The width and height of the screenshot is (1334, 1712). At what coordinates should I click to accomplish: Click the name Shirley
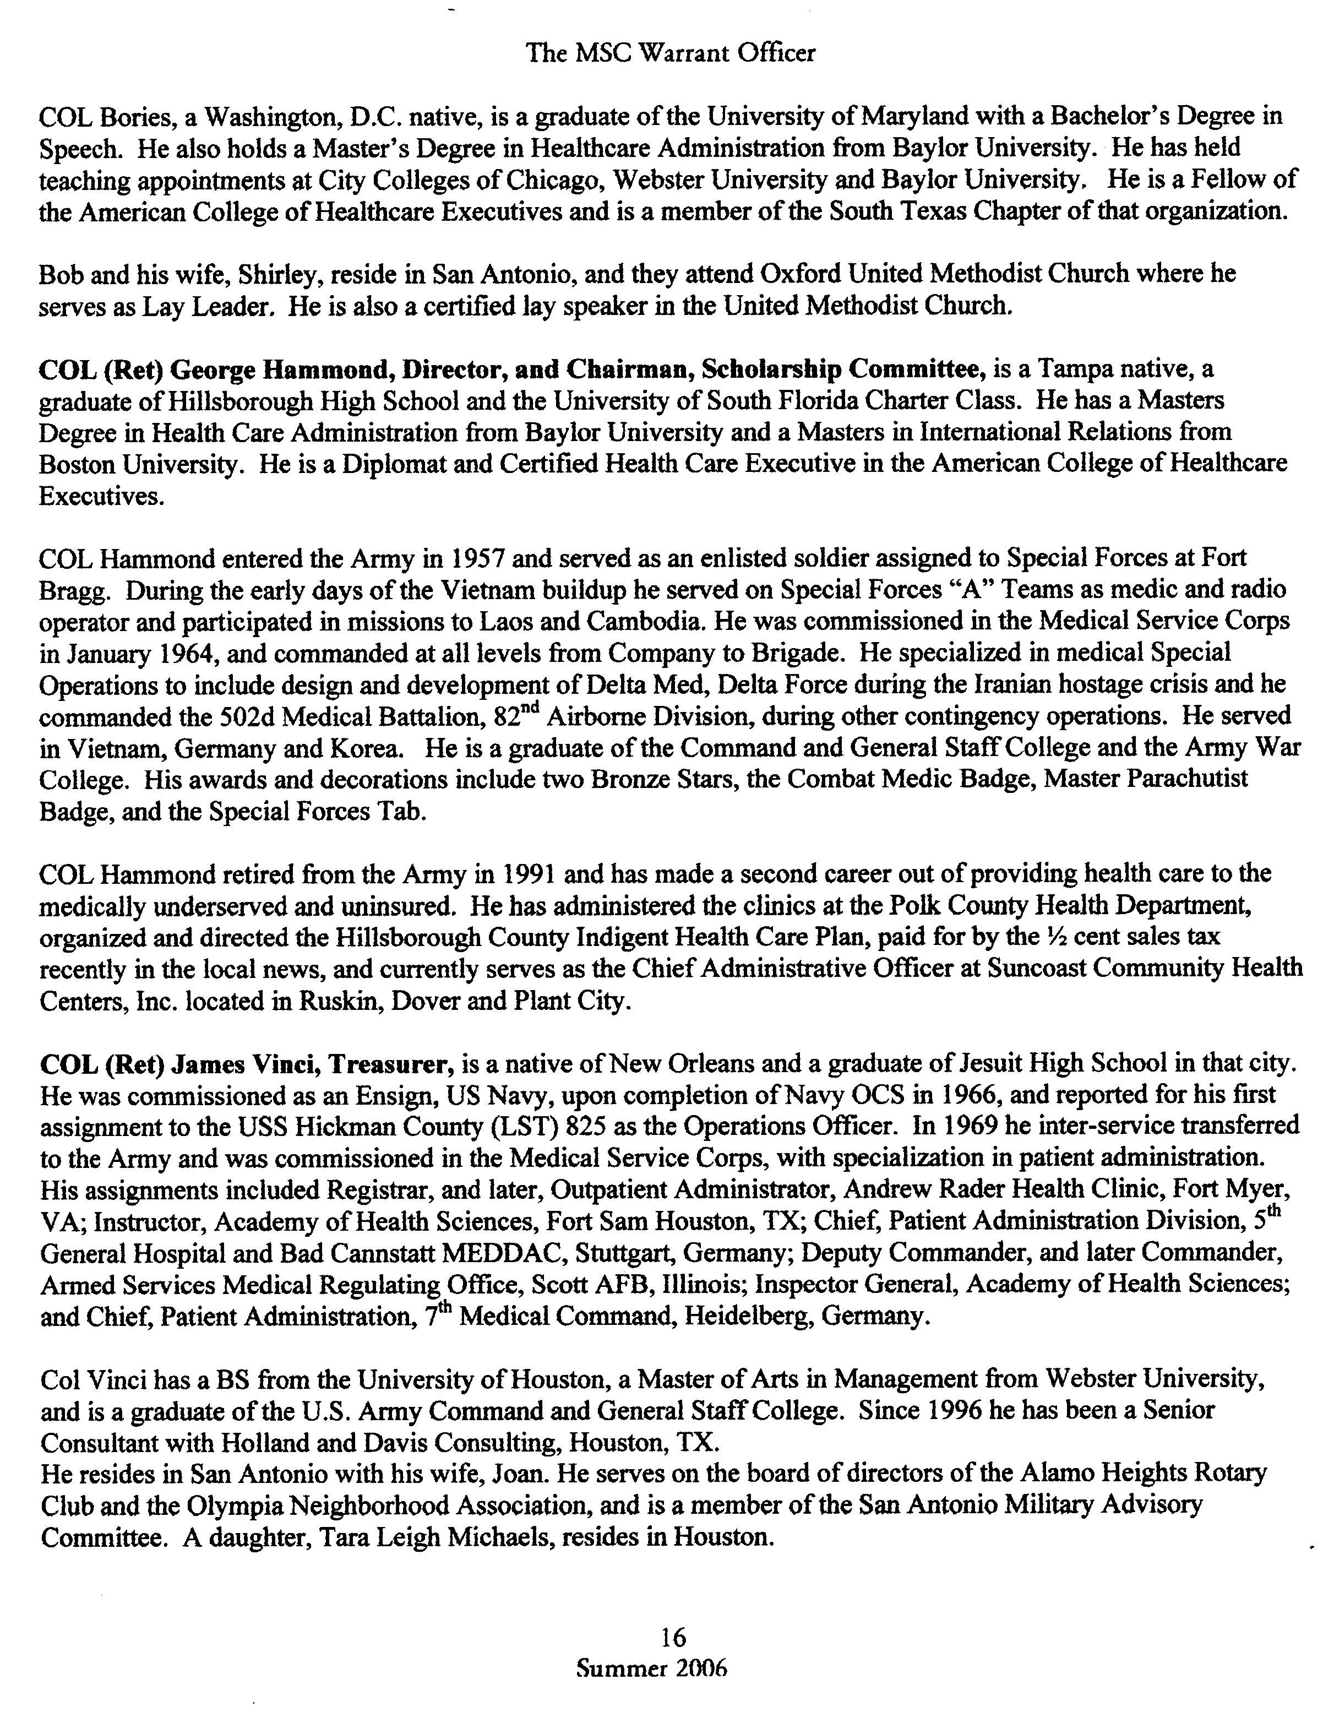280,274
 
